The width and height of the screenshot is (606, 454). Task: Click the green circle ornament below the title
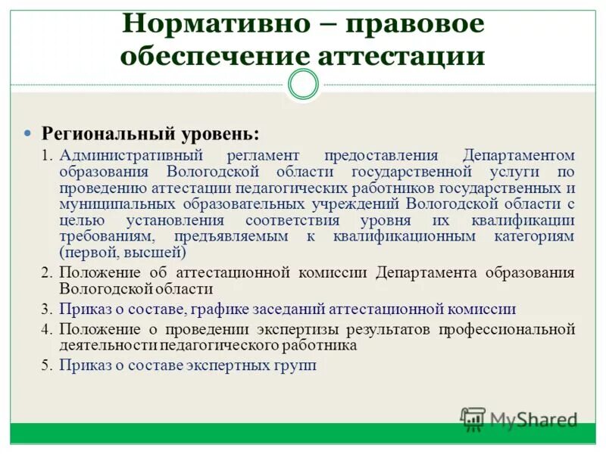304,85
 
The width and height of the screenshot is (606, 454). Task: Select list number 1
46,156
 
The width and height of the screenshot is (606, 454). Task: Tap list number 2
46,273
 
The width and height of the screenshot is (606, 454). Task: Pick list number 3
46,309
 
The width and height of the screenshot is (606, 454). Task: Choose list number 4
46,329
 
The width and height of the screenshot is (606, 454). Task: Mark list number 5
46,365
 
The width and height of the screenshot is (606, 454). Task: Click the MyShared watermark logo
520,418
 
